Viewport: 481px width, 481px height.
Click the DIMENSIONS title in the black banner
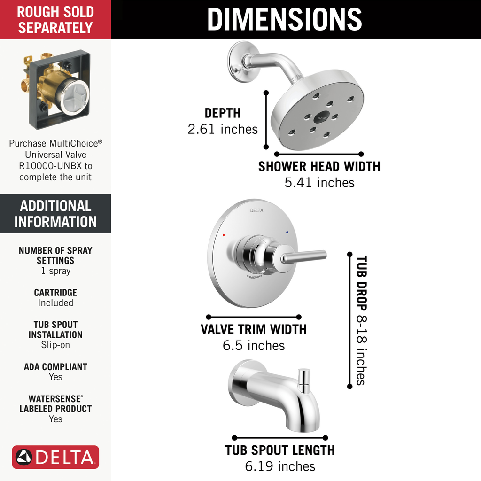coord(284,19)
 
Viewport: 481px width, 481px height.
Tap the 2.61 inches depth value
coord(223,129)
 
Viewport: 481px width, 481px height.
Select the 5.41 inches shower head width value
coord(319,182)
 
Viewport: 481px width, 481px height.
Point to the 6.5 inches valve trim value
coord(254,346)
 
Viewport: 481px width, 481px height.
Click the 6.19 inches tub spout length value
coord(280,466)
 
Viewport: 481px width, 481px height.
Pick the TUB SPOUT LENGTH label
coord(280,450)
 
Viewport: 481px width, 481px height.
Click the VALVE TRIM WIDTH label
coord(254,329)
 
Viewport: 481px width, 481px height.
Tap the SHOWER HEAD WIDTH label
coord(319,166)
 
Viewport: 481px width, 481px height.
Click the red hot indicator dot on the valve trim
coord(224,234)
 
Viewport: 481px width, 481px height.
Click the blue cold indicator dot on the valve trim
coord(287,233)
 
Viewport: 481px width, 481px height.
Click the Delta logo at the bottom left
coord(55,457)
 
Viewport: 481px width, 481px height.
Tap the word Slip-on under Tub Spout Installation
coord(55,345)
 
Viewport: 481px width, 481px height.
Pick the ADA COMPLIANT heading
coord(55,367)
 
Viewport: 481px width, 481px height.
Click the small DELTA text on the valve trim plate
coord(256,210)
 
